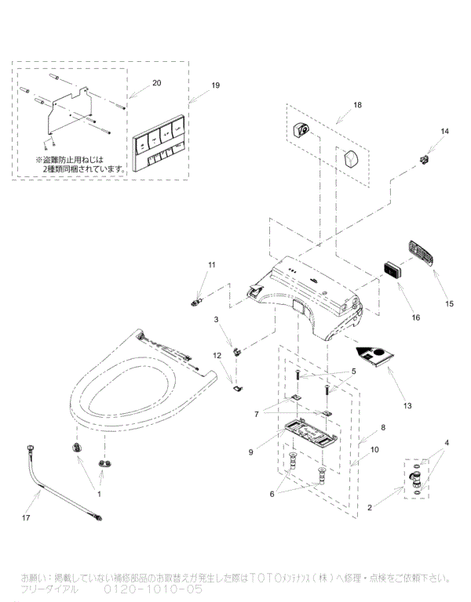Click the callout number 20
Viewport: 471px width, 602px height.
pos(156,82)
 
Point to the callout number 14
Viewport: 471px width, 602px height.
pos(444,131)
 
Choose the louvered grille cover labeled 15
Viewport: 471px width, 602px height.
pos(422,256)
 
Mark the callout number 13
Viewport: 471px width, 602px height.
pos(406,405)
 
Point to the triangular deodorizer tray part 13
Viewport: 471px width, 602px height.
pos(375,357)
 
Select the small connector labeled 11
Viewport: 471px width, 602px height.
pos(197,299)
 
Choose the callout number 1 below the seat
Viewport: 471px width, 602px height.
pos(98,495)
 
